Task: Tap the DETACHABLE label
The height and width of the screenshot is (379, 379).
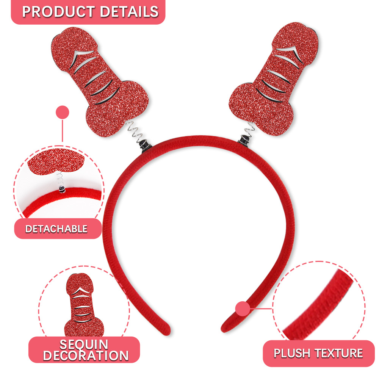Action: [x=56, y=229]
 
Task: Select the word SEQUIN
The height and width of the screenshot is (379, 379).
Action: [x=84, y=345]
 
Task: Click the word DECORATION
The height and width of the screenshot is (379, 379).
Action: [x=85, y=356]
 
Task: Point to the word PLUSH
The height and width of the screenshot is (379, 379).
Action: [x=291, y=354]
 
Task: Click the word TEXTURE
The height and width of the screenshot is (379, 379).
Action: [x=338, y=354]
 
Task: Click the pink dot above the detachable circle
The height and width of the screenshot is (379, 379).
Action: [x=63, y=113]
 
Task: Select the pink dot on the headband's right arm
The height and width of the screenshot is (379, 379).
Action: [x=243, y=309]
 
